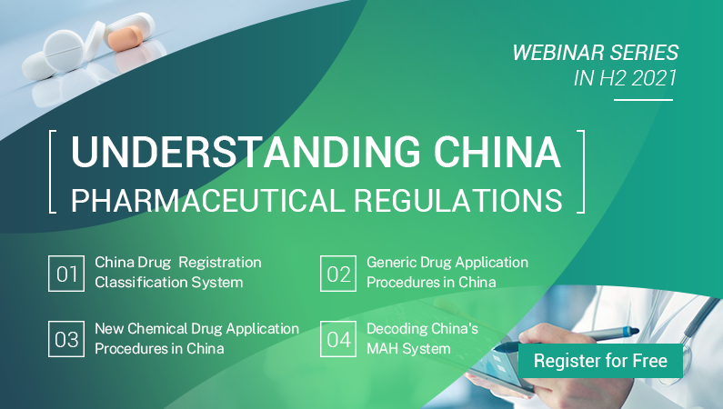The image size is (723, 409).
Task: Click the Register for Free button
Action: point(600,361)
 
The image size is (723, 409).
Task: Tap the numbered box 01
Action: point(66,274)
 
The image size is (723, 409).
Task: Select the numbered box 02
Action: point(338,274)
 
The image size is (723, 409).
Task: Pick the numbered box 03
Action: point(66,339)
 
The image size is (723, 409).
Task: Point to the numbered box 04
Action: point(338,339)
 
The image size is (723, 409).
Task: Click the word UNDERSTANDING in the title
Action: point(246,152)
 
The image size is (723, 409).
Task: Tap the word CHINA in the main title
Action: point(497,152)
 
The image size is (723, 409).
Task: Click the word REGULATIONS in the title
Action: point(458,200)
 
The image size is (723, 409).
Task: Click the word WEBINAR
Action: point(558,53)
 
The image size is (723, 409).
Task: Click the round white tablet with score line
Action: point(64,50)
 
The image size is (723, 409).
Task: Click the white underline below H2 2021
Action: point(643,99)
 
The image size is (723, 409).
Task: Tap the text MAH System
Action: point(408,349)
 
